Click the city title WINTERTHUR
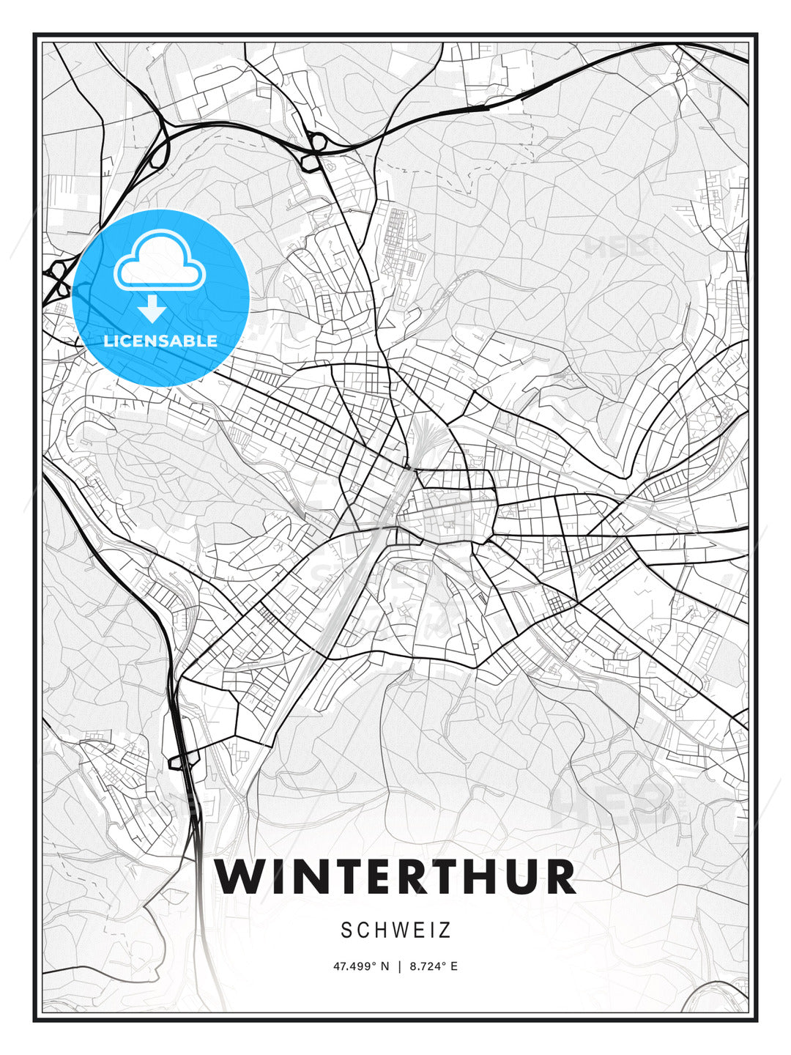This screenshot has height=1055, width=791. tap(395, 876)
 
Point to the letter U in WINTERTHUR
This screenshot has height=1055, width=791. tap(526, 876)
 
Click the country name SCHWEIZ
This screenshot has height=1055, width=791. tap(395, 930)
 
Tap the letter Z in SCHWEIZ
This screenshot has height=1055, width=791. tap(445, 930)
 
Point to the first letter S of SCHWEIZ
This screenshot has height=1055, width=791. tap(347, 930)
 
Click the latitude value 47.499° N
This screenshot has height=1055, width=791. tap(362, 966)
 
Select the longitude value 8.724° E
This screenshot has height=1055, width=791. tap(434, 966)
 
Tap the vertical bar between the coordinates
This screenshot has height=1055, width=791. tap(399, 966)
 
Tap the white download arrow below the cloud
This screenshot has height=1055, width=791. tap(152, 309)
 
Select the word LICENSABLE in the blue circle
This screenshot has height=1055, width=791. tap(160, 341)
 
